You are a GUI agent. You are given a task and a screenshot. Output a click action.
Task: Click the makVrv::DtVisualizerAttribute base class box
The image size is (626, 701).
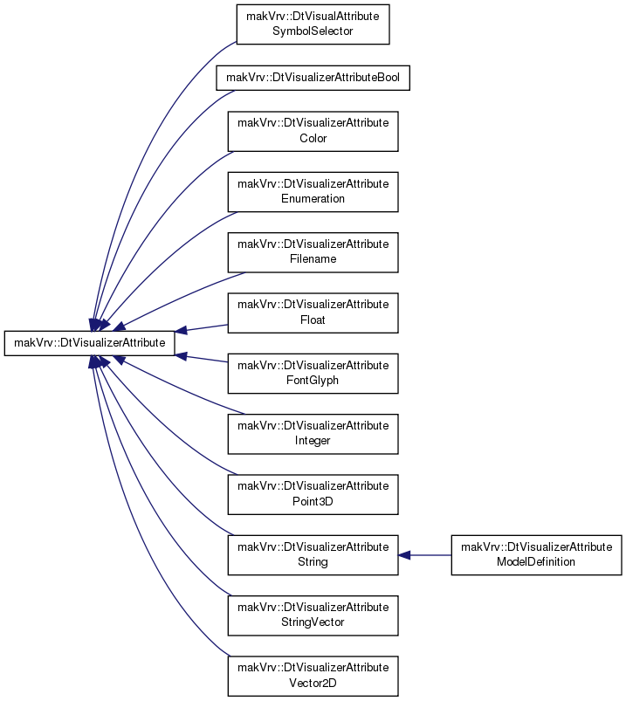click(89, 343)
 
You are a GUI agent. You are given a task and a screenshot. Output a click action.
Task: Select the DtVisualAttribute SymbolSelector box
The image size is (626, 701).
click(313, 24)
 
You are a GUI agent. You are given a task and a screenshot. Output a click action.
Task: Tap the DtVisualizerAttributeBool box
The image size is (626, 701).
click(313, 78)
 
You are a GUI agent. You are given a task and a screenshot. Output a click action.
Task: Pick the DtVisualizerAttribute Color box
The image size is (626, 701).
click(313, 131)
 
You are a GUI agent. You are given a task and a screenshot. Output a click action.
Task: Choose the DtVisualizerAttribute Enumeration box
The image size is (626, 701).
click(313, 192)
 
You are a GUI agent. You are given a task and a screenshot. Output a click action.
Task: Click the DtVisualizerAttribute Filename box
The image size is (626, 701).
click(313, 252)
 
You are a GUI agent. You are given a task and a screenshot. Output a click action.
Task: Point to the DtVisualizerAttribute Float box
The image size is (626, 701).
click(313, 313)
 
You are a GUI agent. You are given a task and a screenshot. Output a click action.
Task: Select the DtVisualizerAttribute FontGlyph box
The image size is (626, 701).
click(313, 374)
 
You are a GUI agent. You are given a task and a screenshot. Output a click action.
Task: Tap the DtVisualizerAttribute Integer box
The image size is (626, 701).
click(313, 434)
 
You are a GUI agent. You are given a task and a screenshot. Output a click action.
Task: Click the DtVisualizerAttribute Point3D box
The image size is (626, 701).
click(313, 494)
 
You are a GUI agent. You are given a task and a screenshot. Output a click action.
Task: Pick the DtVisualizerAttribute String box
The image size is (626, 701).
click(313, 555)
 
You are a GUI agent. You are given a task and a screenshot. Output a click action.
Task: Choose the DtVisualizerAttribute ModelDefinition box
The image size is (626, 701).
click(537, 555)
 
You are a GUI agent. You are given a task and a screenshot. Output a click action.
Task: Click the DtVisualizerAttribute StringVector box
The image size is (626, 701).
click(313, 615)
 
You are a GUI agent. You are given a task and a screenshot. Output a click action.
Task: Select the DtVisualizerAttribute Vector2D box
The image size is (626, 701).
click(313, 676)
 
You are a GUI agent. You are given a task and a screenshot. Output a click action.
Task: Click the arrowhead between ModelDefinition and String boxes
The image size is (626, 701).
click(404, 555)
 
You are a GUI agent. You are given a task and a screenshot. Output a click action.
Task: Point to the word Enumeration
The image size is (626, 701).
click(313, 198)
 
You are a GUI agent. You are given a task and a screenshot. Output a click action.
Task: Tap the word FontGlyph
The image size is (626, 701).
click(313, 381)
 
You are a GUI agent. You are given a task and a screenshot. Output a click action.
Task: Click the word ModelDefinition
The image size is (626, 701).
click(536, 561)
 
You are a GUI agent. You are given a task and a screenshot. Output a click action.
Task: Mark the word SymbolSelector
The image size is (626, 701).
click(313, 31)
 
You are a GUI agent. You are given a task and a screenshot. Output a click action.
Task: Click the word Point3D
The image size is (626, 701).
click(313, 501)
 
